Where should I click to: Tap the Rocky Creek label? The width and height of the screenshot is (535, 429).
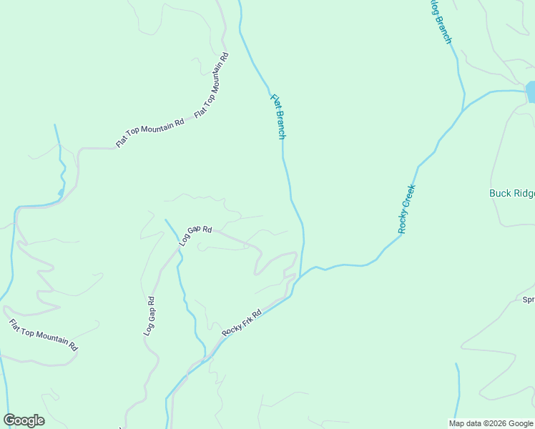pos(407,209)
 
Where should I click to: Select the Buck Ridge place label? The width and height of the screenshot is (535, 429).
pos(511,193)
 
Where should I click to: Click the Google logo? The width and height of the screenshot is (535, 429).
pos(24,420)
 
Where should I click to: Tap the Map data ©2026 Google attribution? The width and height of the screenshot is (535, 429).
pos(491,423)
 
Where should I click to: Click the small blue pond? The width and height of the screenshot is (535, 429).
pos(531,92)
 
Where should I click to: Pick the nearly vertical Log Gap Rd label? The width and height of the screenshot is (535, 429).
pos(149,317)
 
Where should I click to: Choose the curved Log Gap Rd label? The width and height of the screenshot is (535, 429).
pos(195,235)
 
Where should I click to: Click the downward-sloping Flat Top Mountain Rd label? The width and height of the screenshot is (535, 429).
pos(43,335)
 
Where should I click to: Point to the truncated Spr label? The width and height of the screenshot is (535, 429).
pos(529,300)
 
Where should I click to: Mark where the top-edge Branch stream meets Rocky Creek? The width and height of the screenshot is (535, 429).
pos(464,109)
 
